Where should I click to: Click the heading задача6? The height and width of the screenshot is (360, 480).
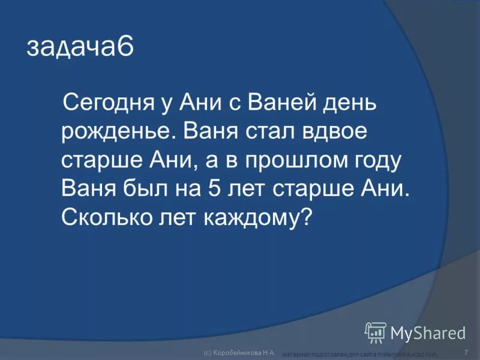click(79, 47)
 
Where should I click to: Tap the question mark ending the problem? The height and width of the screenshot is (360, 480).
click(307, 217)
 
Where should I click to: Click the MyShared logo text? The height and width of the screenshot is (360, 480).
click(428, 332)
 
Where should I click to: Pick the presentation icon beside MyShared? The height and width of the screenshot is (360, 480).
click(376, 332)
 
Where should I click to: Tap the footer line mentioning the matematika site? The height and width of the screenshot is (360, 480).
click(360, 355)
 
